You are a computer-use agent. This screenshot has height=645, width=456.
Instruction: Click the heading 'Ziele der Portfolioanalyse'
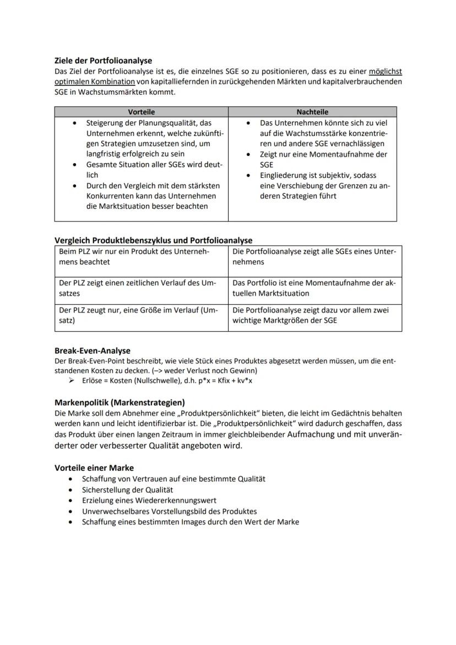(103, 61)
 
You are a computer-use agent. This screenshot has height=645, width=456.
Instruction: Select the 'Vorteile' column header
(141, 112)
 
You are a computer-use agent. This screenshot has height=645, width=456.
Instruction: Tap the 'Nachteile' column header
(312, 112)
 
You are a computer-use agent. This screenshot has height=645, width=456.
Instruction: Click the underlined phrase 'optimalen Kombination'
(95, 82)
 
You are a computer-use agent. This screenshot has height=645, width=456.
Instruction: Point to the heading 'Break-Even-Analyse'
(92, 350)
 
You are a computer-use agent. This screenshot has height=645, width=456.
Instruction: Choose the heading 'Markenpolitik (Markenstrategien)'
(120, 402)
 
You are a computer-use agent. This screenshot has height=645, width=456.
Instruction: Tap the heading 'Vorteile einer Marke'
(94, 468)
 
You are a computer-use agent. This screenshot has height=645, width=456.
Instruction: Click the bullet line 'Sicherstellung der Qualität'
(128, 490)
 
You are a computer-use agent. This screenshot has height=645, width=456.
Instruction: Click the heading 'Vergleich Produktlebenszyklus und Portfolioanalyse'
(153, 240)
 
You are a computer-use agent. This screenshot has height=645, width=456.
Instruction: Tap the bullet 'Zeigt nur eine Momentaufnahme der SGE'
(323, 159)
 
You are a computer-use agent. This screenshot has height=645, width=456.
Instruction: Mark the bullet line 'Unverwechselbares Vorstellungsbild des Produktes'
(170, 511)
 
